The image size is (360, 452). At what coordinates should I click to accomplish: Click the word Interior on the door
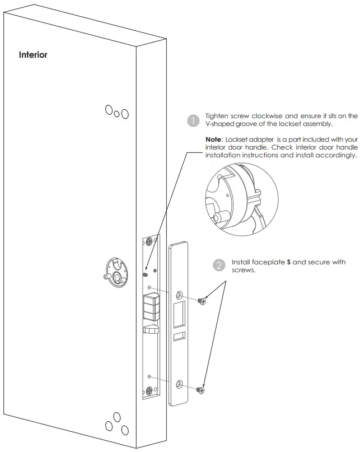33,55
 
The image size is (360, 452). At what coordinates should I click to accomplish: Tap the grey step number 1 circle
193,120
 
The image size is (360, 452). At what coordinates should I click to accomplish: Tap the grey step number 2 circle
219,265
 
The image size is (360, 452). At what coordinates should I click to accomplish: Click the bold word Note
216,139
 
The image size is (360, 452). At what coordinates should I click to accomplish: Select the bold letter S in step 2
288,262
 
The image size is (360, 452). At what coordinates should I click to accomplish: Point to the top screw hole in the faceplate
179,295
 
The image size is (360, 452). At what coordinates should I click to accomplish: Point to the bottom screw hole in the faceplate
179,384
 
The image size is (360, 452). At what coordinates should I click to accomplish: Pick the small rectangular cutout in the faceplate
179,336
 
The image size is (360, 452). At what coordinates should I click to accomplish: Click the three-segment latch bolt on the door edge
150,307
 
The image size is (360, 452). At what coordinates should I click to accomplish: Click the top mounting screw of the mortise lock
149,243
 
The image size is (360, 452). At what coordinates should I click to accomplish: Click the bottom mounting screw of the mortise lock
149,392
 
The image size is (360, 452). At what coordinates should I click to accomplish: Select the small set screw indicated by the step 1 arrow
145,273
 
